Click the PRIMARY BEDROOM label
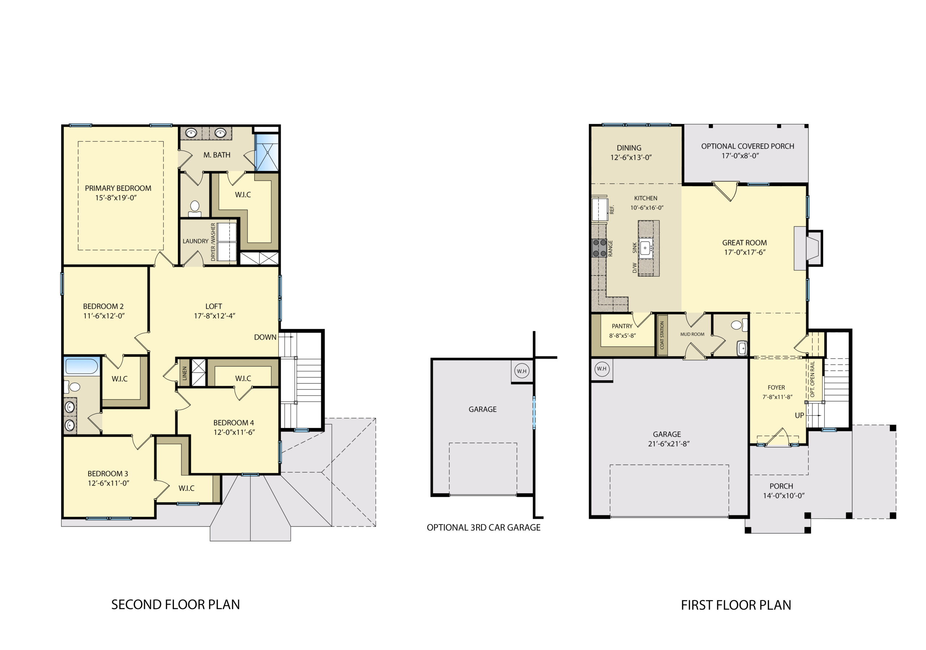118,188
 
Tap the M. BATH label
217,155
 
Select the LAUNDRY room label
196,241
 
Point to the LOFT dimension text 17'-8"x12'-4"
214,316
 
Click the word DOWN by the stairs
265,337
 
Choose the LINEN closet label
185,373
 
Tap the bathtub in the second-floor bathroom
81,366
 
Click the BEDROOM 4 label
234,423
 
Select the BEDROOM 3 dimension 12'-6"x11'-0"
109,483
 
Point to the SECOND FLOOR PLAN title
175,604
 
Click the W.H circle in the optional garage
522,371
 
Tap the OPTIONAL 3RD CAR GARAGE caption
484,527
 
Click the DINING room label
629,148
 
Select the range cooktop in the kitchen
599,248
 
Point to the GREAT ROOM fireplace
808,248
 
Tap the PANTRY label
622,326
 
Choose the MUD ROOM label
692,334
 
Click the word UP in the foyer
799,415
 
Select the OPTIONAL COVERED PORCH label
747,146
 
